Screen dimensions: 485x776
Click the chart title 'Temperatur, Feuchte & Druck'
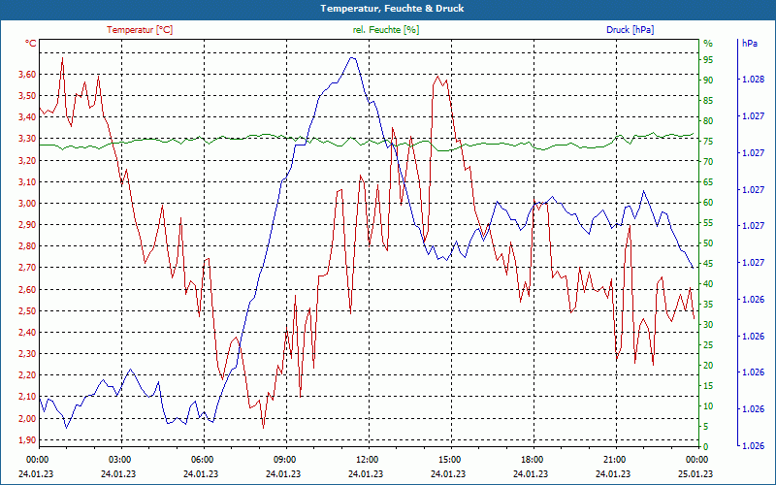[x=387, y=8]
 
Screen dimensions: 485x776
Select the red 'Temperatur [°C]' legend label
[x=140, y=30]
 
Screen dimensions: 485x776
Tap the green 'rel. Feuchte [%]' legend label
[x=386, y=30]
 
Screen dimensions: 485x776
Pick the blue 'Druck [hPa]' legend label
[x=630, y=30]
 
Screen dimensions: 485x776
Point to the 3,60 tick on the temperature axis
[x=26, y=75]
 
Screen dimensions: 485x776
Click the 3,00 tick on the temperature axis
[x=26, y=204]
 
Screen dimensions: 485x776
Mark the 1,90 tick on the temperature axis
[x=26, y=439]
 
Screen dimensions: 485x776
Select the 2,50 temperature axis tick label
[x=26, y=310]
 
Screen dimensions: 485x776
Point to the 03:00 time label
[x=119, y=459]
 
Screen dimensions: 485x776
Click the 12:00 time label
[x=367, y=459]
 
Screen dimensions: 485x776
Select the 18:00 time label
[x=532, y=459]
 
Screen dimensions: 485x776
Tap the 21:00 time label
[x=614, y=459]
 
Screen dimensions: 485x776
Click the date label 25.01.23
[x=695, y=473]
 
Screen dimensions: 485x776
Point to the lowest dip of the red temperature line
[x=263, y=428]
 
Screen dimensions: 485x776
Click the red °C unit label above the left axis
[x=31, y=44]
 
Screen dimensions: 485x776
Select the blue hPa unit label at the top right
[x=749, y=44]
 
